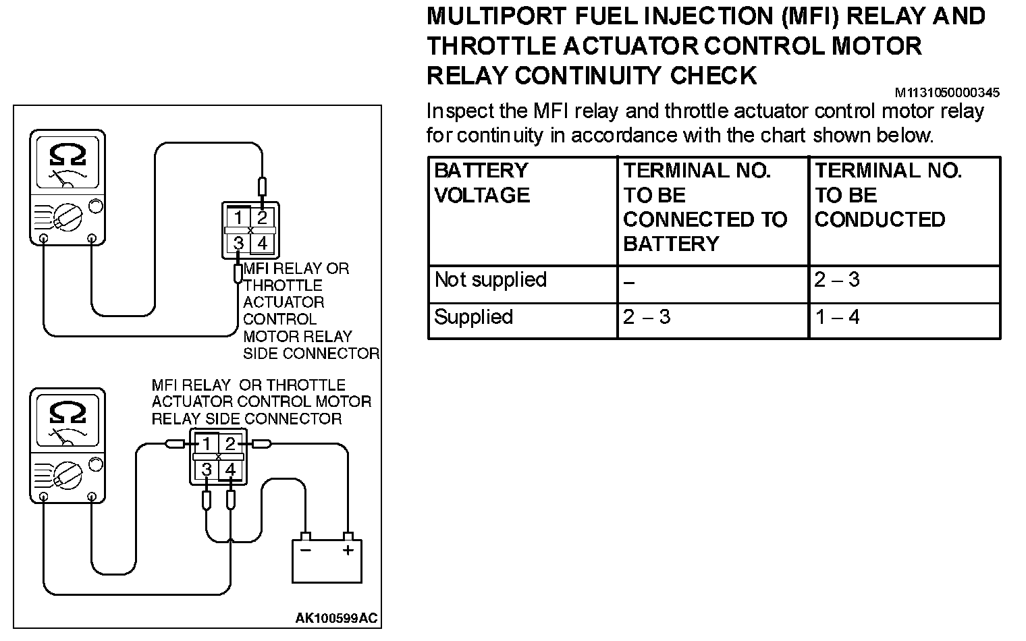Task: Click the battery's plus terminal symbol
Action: click(348, 551)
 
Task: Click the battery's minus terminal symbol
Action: click(305, 551)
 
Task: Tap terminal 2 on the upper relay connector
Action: click(263, 217)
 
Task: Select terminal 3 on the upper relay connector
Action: click(238, 243)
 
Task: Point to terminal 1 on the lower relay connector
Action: click(207, 443)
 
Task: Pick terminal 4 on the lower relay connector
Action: click(230, 469)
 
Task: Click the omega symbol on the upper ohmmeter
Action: click(67, 155)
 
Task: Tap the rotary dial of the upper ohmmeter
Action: click(67, 217)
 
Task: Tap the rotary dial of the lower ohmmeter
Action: click(67, 475)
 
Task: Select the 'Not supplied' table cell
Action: click(490, 280)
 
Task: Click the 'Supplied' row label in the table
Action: click(473, 317)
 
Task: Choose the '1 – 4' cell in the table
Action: click(837, 317)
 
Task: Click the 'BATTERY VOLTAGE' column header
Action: click(481, 183)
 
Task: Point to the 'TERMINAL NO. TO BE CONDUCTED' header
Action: click(888, 195)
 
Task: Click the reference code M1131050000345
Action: click(947, 92)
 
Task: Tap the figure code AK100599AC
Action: click(336, 617)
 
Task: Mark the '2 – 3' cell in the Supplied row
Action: click(647, 317)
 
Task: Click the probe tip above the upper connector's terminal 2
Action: click(263, 186)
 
